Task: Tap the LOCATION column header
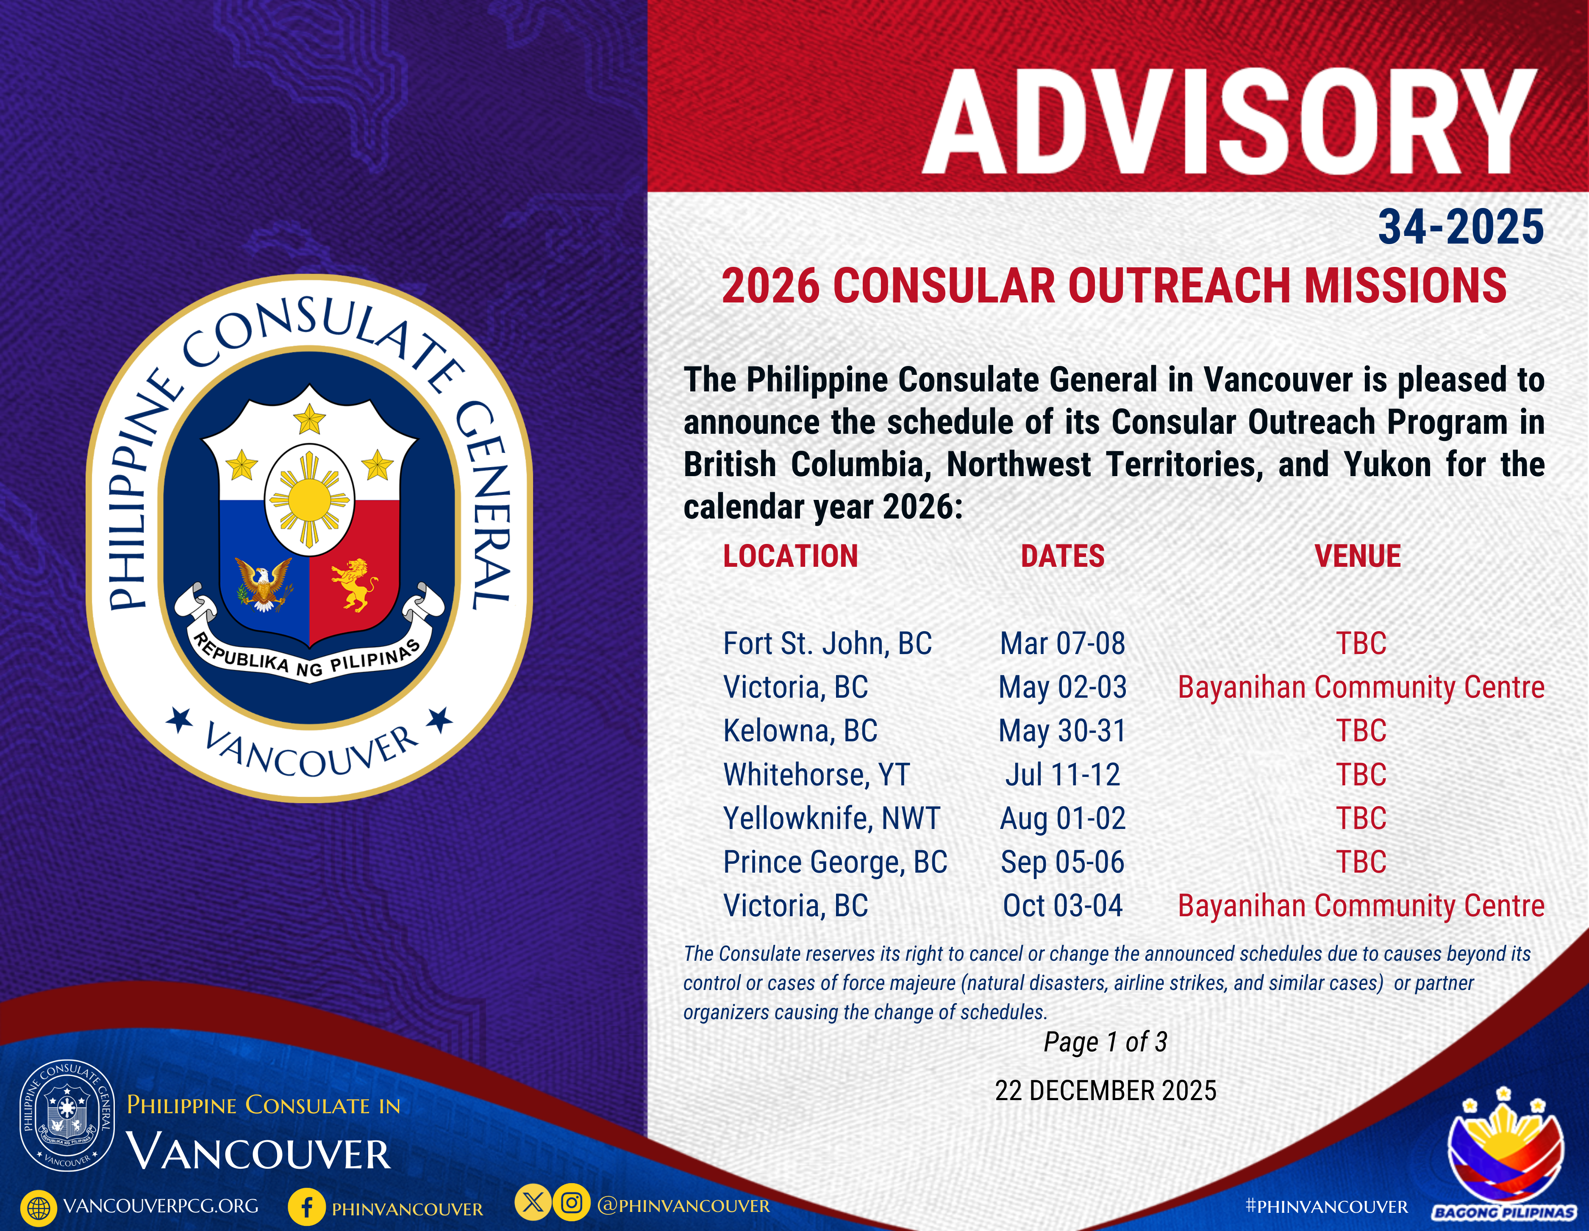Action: coord(791,557)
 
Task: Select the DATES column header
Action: coord(1062,557)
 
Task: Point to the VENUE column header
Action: coord(1358,557)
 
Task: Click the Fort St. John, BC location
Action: coord(827,644)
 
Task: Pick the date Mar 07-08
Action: coord(1062,644)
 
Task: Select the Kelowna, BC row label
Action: coord(800,731)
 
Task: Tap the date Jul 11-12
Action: coord(1062,775)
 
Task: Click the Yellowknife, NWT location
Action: coord(832,818)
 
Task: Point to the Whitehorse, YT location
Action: coord(817,775)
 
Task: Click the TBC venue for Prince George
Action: coord(1361,862)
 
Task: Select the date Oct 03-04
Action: coord(1062,906)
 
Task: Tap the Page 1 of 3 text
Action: coord(1105,1042)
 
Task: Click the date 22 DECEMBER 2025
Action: coord(1105,1091)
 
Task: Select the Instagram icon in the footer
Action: coord(572,1203)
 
